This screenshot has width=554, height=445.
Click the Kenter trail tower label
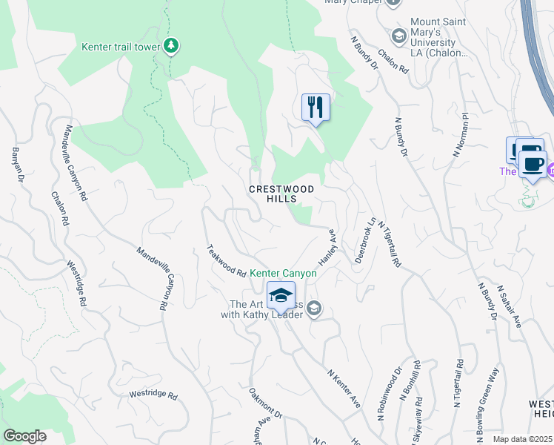[121, 47]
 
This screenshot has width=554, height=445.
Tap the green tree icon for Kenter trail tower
[172, 46]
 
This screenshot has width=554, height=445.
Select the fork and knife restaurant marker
[316, 107]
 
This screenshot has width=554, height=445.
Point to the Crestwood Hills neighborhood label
[281, 194]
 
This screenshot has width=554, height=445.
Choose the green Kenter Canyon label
[283, 273]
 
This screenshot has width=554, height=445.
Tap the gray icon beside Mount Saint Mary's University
[398, 36]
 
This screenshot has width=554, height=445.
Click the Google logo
[24, 436]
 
